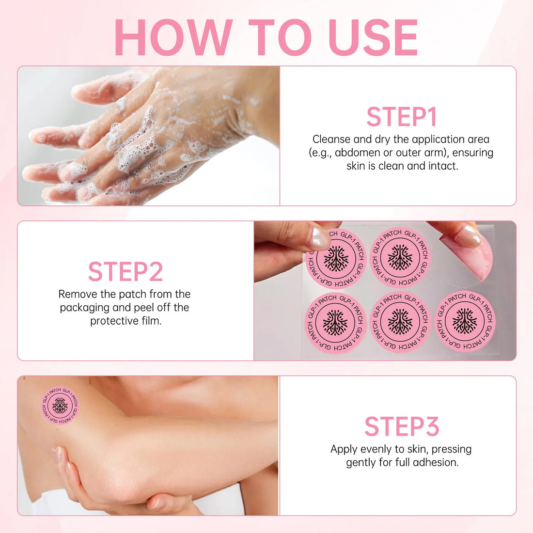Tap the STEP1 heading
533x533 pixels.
tap(402, 117)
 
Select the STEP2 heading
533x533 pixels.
tap(125, 272)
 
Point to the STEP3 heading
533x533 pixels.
tap(402, 426)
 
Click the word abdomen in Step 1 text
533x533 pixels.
tap(357, 153)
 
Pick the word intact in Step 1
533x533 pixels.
tap(442, 166)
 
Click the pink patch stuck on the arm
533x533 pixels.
tap(60, 406)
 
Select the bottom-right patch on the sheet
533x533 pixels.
tap(465, 321)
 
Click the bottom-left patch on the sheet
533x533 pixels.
tap(335, 323)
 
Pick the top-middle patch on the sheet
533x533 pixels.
tap(400, 258)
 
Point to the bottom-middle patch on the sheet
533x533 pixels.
tap(400, 322)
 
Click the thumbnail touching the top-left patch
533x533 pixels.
tap(319, 238)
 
